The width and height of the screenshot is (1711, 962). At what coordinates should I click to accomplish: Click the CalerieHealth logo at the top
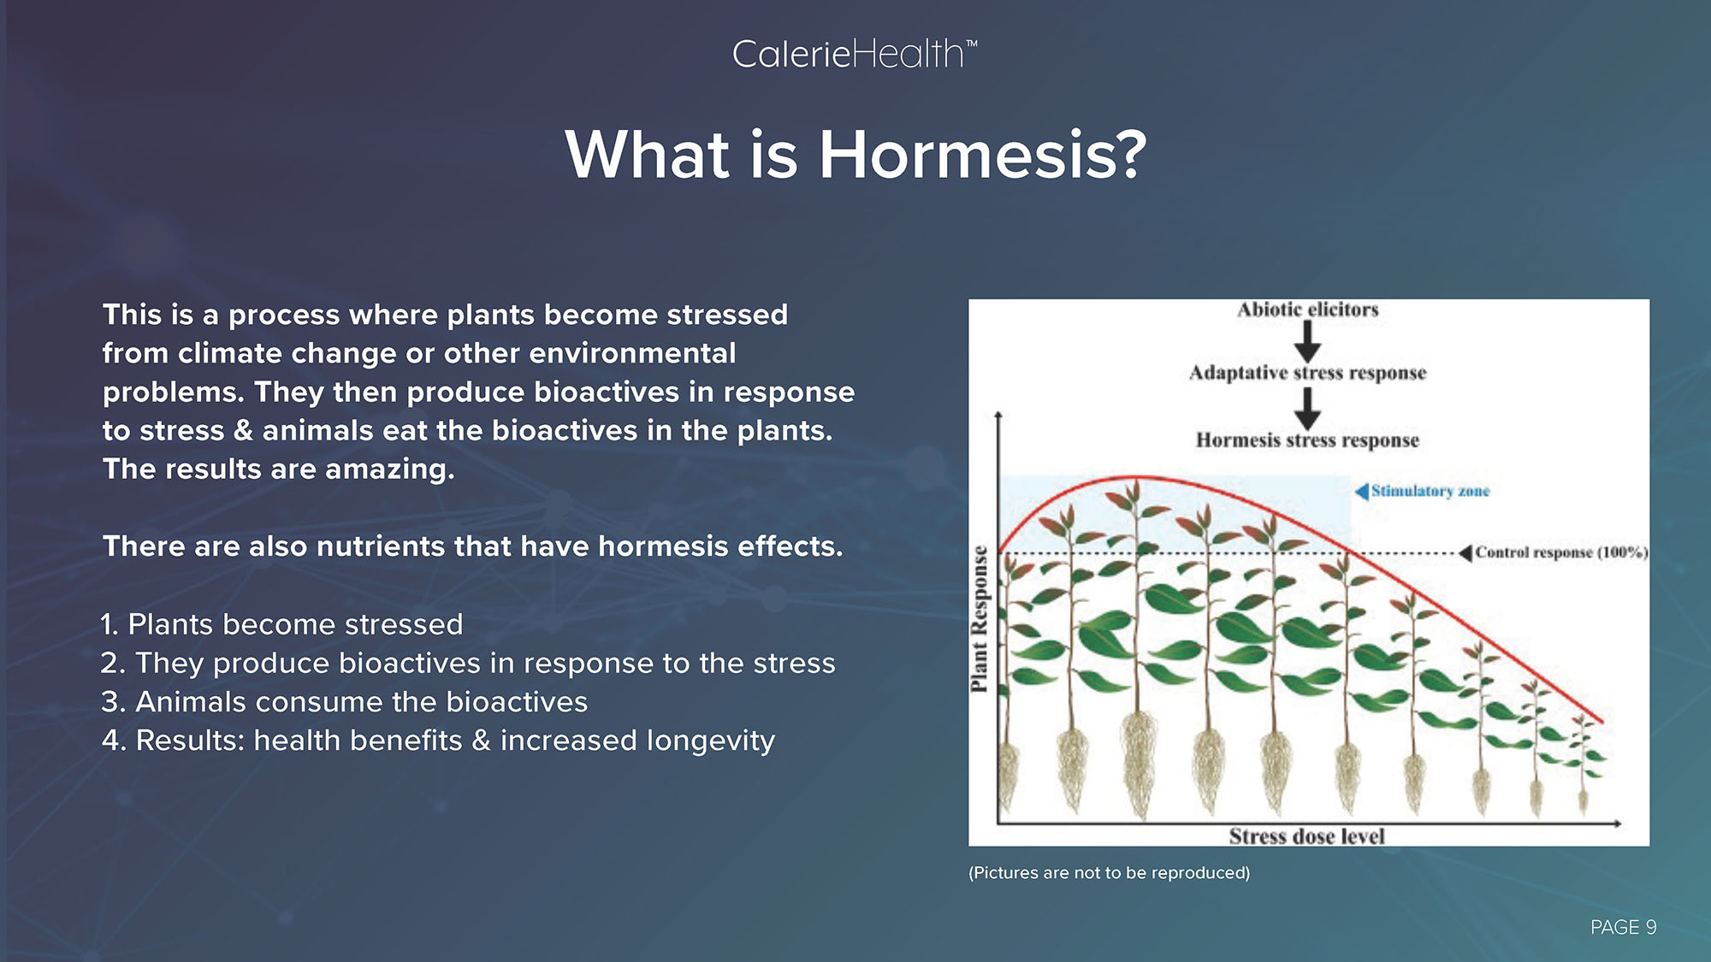(855, 55)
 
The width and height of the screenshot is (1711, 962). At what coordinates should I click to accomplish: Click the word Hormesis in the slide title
(982, 155)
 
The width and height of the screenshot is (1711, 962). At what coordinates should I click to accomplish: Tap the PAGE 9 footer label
(1623, 927)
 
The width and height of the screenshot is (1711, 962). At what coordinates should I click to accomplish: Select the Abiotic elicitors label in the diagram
(1308, 310)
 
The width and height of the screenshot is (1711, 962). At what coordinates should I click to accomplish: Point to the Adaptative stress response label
(1308, 373)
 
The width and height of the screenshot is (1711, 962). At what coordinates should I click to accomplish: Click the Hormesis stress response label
(1308, 440)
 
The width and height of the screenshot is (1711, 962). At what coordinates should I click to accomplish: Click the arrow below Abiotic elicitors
(1307, 341)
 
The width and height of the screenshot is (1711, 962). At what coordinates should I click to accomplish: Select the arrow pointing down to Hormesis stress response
(1307, 409)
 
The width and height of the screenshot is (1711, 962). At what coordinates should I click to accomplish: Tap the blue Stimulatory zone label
(1430, 491)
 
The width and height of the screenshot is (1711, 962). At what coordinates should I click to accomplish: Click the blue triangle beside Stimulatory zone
(1362, 491)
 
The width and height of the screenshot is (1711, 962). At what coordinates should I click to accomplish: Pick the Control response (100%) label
(1561, 552)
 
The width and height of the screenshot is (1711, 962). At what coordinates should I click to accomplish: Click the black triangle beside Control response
(1465, 553)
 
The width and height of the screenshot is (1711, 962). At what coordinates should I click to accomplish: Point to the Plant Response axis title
(980, 618)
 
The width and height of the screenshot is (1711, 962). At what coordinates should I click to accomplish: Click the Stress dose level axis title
(1306, 836)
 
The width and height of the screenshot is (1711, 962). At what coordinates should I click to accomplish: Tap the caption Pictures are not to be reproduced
(1110, 873)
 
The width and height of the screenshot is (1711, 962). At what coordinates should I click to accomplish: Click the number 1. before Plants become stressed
(110, 624)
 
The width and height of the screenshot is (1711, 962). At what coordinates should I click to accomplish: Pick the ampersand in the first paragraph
(244, 430)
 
